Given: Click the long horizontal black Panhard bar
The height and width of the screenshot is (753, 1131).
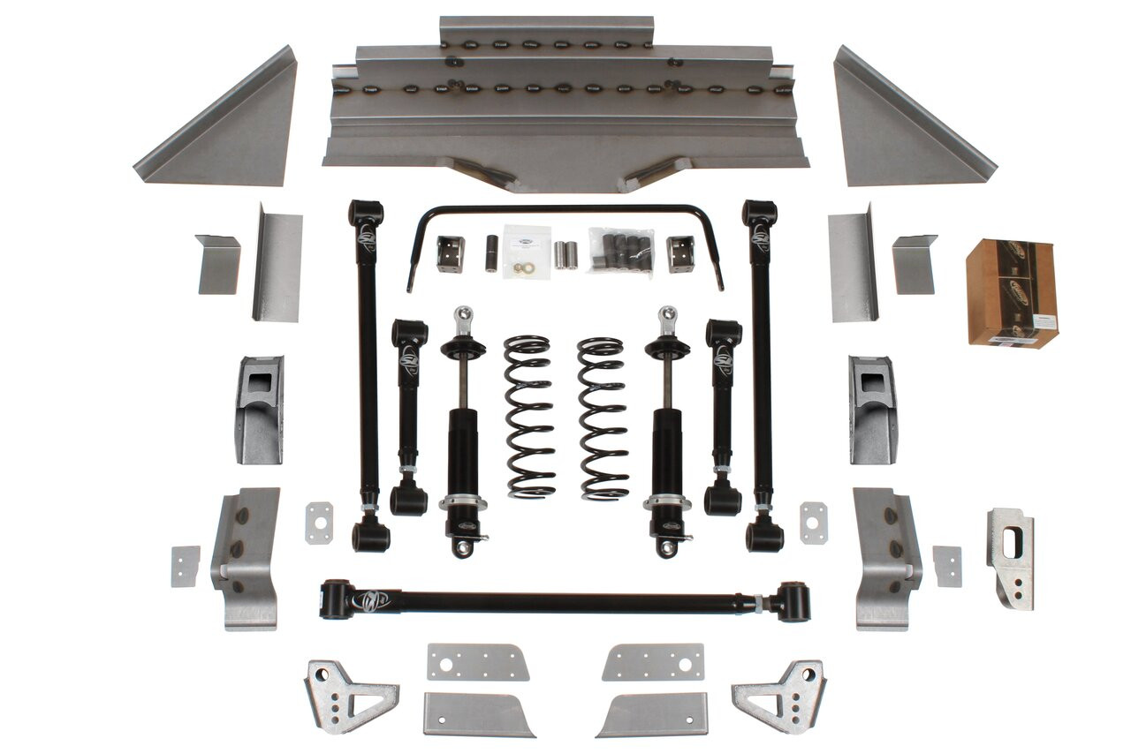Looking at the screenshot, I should click(565, 602).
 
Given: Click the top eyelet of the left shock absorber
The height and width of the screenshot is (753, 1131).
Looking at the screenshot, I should click(461, 315).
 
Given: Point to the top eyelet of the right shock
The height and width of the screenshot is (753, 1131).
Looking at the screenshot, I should click(669, 315).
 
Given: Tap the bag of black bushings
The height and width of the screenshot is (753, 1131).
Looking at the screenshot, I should click(621, 251).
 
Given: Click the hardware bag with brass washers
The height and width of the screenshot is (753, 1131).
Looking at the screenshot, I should click(527, 252).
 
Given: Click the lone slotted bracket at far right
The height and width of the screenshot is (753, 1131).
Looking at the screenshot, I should click(1011, 557).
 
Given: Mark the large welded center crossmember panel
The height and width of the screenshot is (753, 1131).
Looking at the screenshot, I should click(565, 106).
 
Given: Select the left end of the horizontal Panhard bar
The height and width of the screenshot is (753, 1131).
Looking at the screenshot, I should click(337, 599).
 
